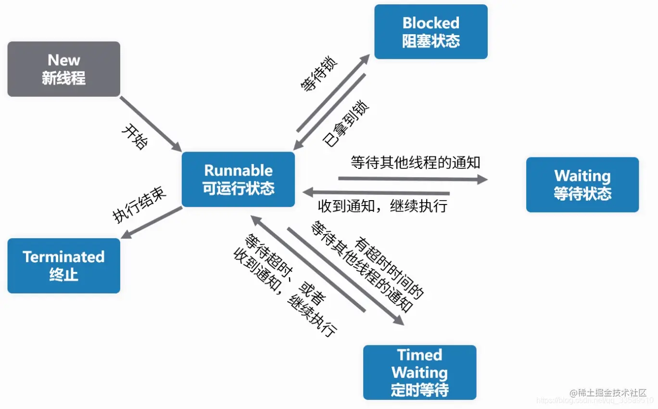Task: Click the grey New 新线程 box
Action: (63, 69)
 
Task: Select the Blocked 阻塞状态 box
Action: (430, 32)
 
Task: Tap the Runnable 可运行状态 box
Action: (238, 179)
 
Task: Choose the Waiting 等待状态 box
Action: (582, 185)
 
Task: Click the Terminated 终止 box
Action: (63, 266)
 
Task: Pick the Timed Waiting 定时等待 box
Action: (419, 372)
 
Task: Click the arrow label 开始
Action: (135, 137)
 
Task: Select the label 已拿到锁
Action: (346, 123)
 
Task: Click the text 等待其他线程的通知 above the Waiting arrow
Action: (416, 162)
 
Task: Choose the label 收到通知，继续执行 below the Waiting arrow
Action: (383, 206)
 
